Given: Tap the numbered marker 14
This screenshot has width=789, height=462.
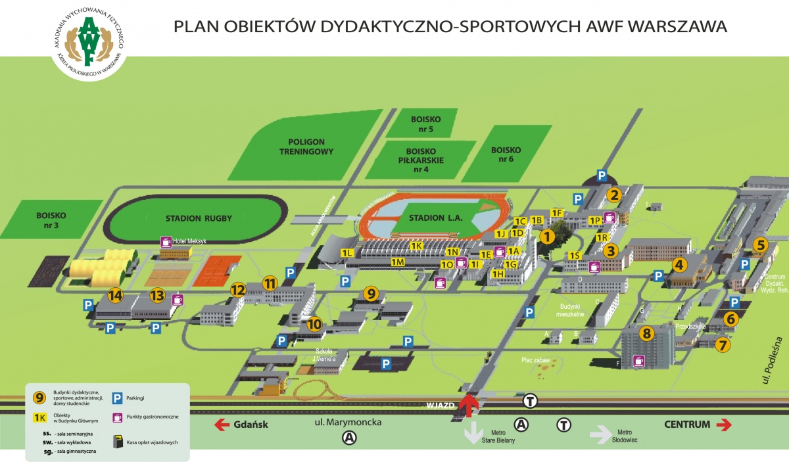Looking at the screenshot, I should click(116, 296).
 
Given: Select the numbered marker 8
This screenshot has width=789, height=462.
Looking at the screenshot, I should click(647, 334).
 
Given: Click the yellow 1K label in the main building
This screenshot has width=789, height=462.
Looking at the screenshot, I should click(416, 246).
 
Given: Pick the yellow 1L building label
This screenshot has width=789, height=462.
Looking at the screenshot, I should click(347, 252).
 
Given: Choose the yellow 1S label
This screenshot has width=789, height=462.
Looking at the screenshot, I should click(575, 256).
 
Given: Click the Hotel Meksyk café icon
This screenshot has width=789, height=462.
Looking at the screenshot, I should click(166, 241).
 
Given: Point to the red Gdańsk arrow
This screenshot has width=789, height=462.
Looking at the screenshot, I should click(220, 425).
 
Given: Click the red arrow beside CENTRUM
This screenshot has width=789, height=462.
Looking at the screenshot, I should click(723, 425).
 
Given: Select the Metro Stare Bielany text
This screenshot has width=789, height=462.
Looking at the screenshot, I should click(501, 435).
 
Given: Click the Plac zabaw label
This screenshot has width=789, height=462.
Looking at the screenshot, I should click(535, 360).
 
